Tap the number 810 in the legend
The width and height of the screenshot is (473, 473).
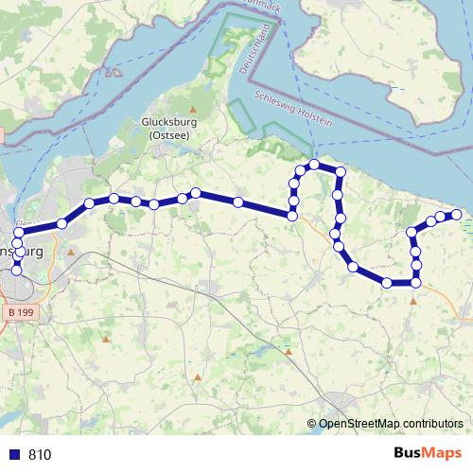[x=41, y=455]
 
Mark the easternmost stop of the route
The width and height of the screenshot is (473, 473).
[x=457, y=215]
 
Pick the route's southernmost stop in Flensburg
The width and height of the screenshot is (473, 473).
[x=16, y=272]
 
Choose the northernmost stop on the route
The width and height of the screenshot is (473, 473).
[x=314, y=166]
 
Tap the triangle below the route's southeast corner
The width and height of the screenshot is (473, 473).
[x=414, y=301]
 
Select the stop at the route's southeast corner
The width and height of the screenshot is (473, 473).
[x=415, y=283]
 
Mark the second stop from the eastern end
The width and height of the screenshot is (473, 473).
[x=443, y=218]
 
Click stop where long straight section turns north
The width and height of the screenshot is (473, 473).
[x=293, y=217]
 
